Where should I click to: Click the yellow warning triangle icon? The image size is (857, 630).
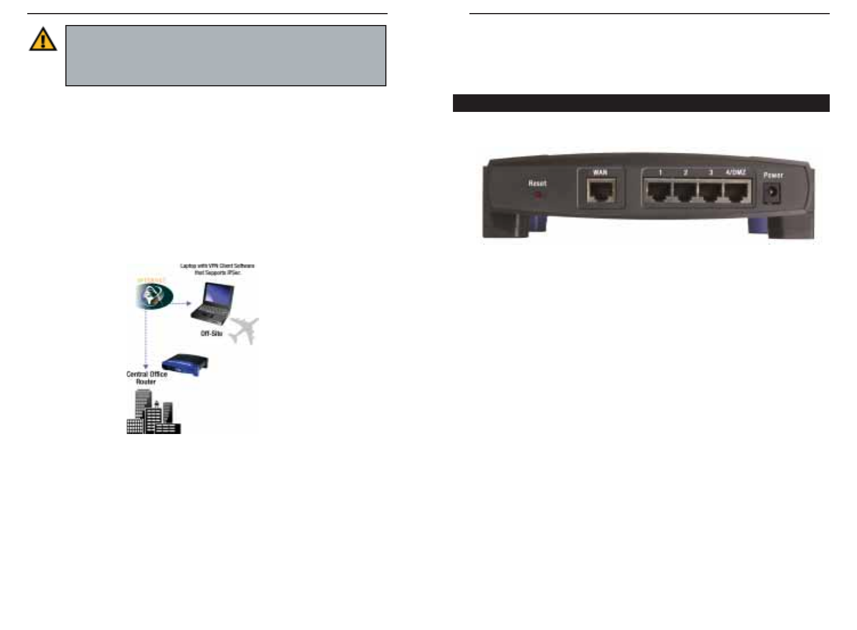click(43, 39)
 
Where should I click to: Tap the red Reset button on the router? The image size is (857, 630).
click(538, 195)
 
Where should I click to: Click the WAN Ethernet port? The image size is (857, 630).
click(601, 191)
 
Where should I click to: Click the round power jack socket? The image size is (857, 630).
click(771, 193)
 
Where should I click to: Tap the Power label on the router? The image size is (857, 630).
click(773, 175)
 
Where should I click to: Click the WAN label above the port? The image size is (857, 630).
click(600, 172)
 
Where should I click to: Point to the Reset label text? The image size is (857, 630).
click(537, 183)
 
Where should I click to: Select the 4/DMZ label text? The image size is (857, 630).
click(735, 172)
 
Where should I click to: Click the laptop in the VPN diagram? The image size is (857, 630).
click(213, 303)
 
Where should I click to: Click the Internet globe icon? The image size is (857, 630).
click(153, 296)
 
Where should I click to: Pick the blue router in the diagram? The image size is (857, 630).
click(185, 364)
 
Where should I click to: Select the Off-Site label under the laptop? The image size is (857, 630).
click(211, 333)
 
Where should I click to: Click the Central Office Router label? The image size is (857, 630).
click(147, 378)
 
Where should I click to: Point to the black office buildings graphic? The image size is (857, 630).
click(152, 415)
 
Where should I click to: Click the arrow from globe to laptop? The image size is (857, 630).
click(182, 303)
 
